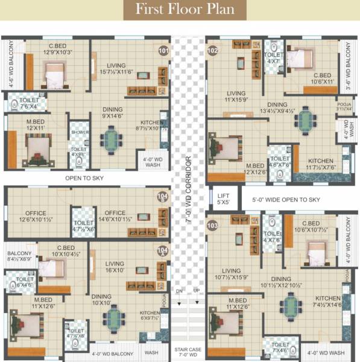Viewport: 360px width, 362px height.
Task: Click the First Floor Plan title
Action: (x=180, y=10)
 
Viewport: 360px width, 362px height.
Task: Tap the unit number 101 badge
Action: (x=163, y=51)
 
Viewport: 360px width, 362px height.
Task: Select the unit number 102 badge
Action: (x=212, y=51)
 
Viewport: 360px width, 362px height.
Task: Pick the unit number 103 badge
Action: (x=212, y=225)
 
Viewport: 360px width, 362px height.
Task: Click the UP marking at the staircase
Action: (x=196, y=291)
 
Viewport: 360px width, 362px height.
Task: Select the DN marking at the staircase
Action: (x=179, y=291)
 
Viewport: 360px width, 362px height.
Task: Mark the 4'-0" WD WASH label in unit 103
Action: (x=326, y=353)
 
